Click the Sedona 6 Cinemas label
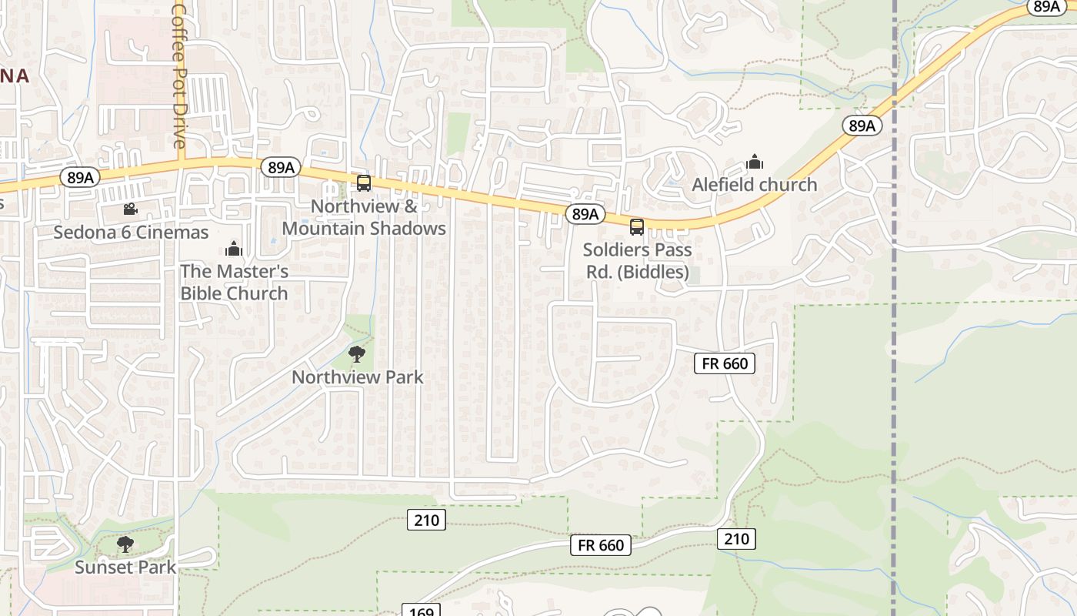point(131,232)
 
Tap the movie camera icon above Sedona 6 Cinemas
point(130,209)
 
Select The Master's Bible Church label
point(234,282)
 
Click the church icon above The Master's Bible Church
point(234,249)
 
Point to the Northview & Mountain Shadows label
point(364,217)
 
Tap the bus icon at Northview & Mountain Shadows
point(364,183)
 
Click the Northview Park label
point(357,377)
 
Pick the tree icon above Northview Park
point(356,354)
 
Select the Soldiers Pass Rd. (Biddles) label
point(637,261)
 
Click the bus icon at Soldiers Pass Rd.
point(637,226)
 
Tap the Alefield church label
point(754,185)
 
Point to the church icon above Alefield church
point(754,162)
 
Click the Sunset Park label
point(125,567)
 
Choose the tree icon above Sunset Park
point(125,544)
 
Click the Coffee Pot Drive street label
point(179,75)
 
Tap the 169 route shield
point(421,611)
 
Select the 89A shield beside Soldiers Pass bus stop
point(585,214)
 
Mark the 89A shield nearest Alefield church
point(862,126)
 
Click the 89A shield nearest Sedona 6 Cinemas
point(80,178)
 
